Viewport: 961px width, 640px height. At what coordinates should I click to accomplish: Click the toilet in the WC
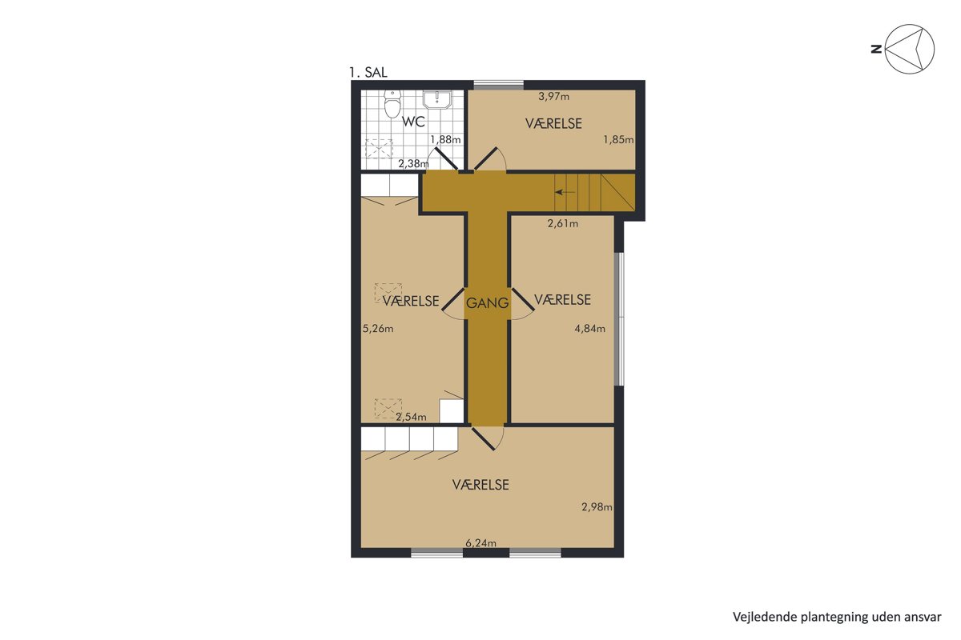click(392, 103)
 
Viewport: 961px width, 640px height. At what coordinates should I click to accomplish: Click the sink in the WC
click(436, 99)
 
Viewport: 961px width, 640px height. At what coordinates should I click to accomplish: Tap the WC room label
click(413, 122)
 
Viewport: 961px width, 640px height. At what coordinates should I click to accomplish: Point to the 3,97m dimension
click(554, 97)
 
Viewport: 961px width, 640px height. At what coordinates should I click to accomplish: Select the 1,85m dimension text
click(618, 139)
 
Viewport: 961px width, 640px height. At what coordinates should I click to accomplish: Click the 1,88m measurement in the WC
click(445, 139)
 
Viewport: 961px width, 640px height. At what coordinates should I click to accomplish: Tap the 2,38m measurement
click(413, 163)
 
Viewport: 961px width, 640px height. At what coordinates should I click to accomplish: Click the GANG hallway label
click(488, 303)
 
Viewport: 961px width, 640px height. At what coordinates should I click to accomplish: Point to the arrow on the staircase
click(565, 192)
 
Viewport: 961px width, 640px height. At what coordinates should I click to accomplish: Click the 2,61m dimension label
click(563, 223)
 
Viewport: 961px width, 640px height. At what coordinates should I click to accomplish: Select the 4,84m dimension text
click(590, 329)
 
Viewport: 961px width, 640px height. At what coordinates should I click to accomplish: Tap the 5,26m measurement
click(378, 329)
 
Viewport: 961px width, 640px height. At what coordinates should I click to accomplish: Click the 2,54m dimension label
click(411, 417)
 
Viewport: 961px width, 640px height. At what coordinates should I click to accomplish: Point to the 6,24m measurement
click(481, 543)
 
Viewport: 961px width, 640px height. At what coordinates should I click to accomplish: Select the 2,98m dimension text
click(597, 507)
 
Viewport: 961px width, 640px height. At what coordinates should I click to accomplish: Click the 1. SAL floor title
click(368, 73)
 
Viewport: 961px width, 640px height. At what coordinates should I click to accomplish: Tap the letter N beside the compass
click(876, 49)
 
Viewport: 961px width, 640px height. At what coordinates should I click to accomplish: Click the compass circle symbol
click(910, 49)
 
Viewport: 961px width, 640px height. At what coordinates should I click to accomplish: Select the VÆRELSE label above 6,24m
click(480, 485)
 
